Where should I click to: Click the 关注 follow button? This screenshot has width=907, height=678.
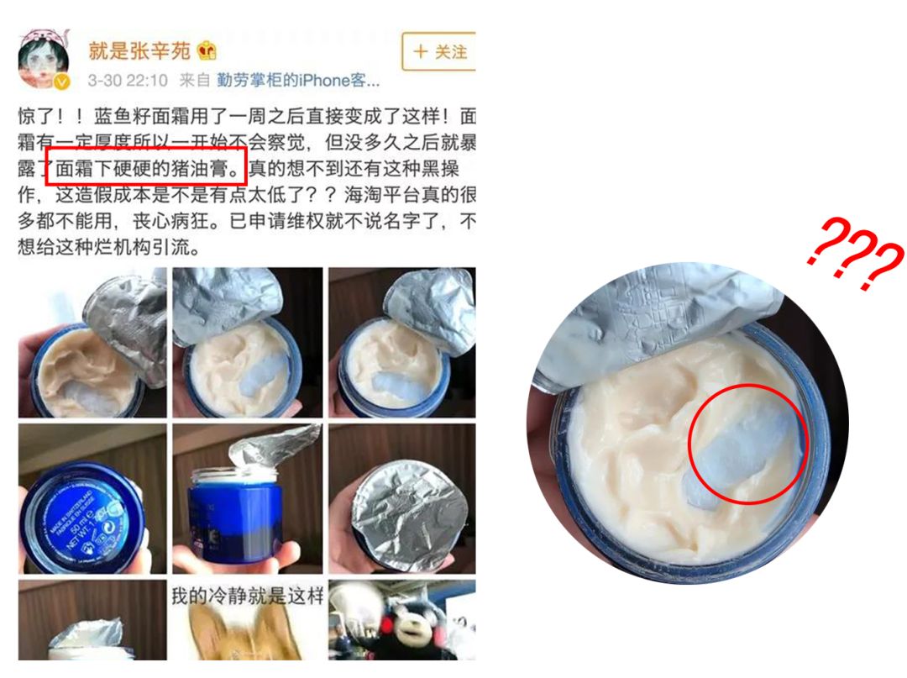click(439, 52)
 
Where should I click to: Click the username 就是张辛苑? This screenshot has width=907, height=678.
click(139, 51)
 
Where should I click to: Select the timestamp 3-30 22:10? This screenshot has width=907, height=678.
click(128, 81)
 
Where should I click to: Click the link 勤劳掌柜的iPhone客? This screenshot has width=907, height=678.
click(298, 81)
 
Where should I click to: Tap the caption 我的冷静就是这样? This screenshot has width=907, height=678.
click(248, 597)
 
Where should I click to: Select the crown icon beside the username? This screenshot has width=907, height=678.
click(206, 51)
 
